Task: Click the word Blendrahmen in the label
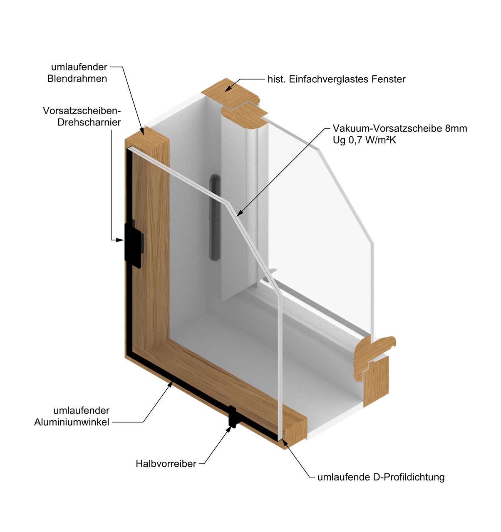[77, 79]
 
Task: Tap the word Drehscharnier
[89, 122]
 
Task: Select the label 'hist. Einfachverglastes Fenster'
[336, 79]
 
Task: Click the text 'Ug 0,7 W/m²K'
[364, 140]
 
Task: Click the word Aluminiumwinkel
[72, 422]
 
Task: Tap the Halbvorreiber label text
[166, 463]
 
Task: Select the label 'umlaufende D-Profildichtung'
[381, 477]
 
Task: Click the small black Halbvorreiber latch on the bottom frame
[233, 417]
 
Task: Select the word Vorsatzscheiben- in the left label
[82, 111]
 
